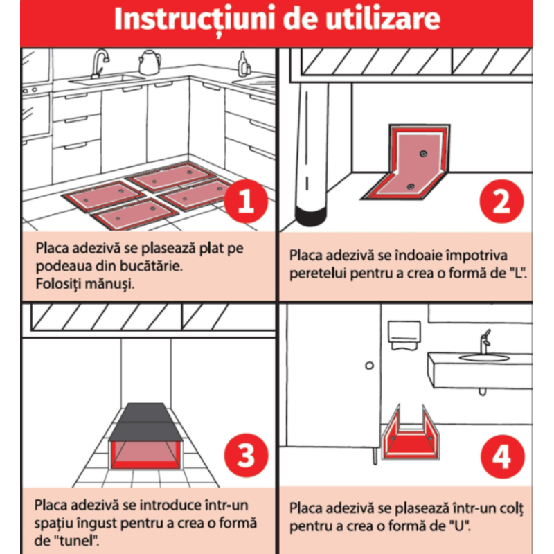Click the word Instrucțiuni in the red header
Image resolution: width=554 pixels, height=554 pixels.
[195, 20]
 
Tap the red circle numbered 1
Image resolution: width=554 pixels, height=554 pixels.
[246, 201]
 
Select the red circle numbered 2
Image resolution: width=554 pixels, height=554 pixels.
[501, 201]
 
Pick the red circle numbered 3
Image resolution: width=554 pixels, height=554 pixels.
[246, 456]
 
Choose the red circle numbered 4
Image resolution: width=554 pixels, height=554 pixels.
[502, 456]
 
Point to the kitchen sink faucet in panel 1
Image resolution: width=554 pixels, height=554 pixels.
[99, 64]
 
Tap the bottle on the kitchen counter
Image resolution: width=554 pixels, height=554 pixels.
[244, 64]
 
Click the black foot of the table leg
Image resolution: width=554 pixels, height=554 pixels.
[310, 216]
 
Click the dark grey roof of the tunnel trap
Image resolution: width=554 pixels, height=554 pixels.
[145, 422]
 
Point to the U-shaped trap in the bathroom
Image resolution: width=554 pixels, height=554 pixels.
[410, 436]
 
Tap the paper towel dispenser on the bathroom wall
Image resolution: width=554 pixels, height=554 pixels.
[404, 335]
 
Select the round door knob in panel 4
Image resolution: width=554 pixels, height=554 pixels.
[369, 366]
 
